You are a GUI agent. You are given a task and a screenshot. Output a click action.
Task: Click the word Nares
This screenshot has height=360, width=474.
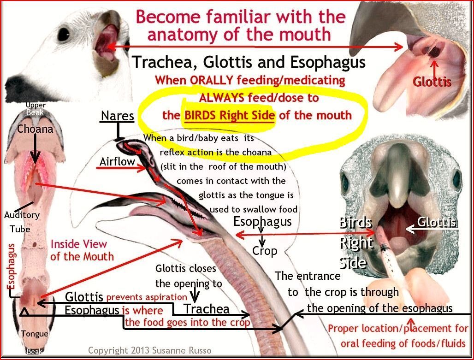(x=117, y=115)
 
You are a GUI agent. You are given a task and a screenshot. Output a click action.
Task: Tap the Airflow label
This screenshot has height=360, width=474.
(x=117, y=161)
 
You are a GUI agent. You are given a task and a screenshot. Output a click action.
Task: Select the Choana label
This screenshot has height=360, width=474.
(x=35, y=129)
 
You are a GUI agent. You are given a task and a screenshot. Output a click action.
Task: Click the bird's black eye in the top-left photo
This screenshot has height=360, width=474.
(x=64, y=34)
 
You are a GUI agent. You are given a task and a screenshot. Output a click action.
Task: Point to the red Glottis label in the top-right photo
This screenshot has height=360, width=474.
(x=432, y=82)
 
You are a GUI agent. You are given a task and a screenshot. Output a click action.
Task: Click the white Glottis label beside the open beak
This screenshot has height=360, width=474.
(x=437, y=222)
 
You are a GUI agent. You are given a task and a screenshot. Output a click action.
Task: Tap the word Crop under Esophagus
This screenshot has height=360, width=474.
(x=265, y=251)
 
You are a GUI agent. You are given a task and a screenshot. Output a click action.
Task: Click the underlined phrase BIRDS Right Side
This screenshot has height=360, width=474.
(x=230, y=115)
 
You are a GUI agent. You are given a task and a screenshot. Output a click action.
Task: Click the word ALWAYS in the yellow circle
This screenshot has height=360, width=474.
(x=222, y=98)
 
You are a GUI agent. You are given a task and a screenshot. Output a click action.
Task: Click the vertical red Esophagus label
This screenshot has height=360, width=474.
(x=11, y=266)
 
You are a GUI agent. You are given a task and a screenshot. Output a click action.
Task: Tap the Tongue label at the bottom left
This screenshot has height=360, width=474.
(x=35, y=334)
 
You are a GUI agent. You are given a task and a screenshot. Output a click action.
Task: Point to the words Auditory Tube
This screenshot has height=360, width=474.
(x=22, y=222)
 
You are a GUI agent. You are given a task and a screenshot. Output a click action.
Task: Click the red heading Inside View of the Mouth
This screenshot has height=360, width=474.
(x=82, y=250)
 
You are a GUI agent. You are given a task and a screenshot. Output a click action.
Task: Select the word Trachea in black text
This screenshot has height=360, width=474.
(x=207, y=309)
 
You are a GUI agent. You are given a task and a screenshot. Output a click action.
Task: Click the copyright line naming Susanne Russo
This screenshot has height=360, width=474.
(x=150, y=350)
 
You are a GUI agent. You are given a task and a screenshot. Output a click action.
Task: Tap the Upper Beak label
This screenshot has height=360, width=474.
(x=36, y=109)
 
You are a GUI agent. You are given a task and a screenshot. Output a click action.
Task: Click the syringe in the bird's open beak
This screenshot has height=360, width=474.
(x=390, y=257)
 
